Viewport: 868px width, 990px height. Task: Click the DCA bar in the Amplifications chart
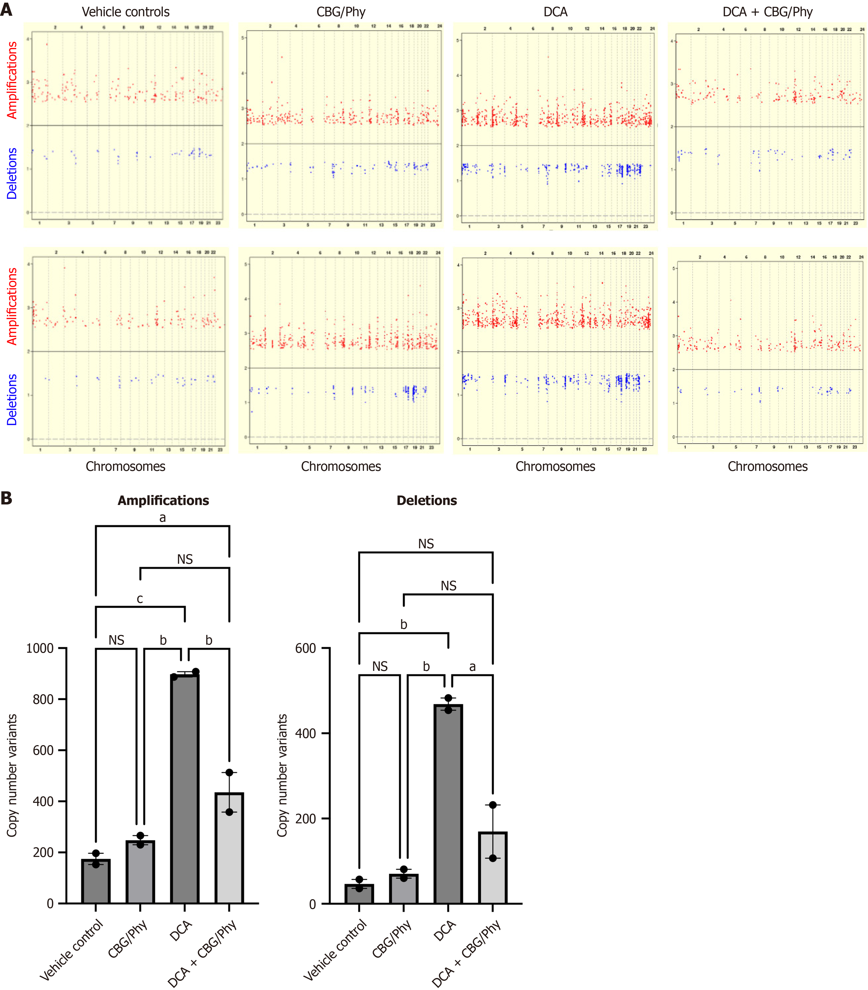(x=185, y=789)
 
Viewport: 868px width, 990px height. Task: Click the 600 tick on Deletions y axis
(x=306, y=648)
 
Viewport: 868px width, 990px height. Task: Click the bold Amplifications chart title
(x=163, y=501)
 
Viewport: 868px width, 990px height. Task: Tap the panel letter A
(x=6, y=10)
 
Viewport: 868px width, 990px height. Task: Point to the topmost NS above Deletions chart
(x=426, y=544)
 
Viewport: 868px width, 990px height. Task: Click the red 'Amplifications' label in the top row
(x=12, y=80)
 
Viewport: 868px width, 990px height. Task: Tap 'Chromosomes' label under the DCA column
(x=555, y=466)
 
